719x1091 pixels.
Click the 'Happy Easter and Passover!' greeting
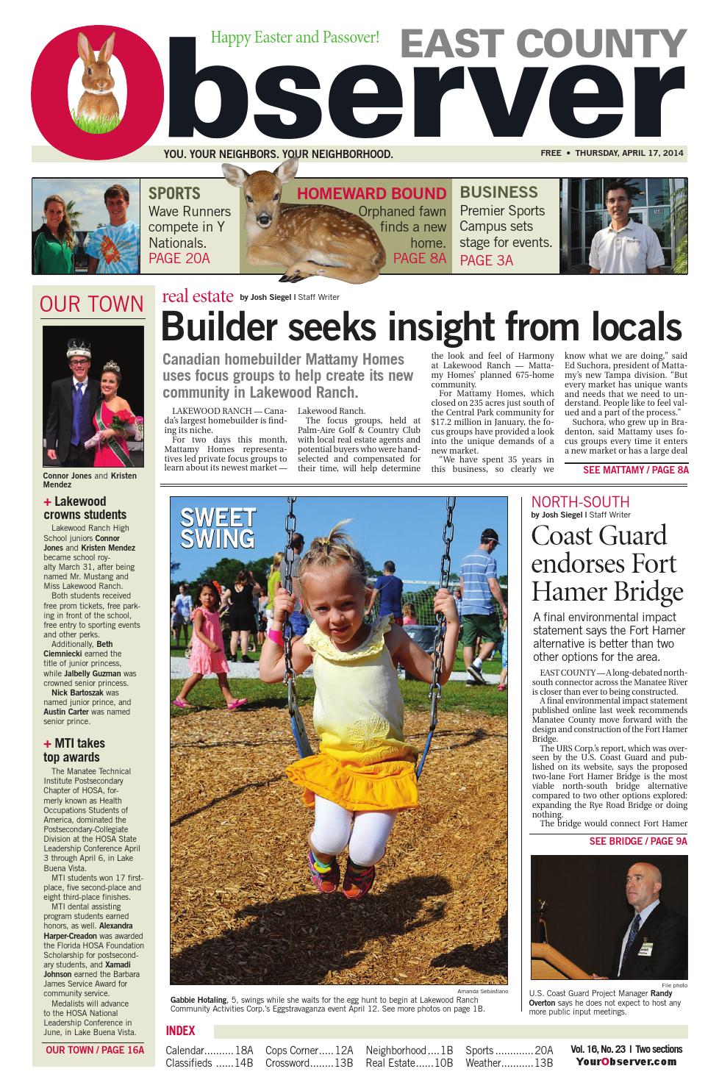[x=295, y=37]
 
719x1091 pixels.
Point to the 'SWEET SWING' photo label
[x=217, y=527]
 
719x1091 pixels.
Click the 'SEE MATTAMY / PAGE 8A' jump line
[x=635, y=470]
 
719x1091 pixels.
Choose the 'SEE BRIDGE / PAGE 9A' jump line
[x=637, y=841]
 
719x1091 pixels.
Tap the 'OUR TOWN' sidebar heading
[x=92, y=304]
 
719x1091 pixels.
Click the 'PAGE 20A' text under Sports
[x=179, y=258]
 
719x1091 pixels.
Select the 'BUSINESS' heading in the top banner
[x=498, y=193]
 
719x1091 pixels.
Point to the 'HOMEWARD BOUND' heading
[x=371, y=194]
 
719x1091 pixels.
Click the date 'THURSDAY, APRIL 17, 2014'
[x=629, y=154]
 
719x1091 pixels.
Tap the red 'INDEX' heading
[x=180, y=1031]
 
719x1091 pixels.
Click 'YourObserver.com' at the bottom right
[x=626, y=1062]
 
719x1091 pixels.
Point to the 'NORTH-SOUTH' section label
[x=580, y=502]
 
